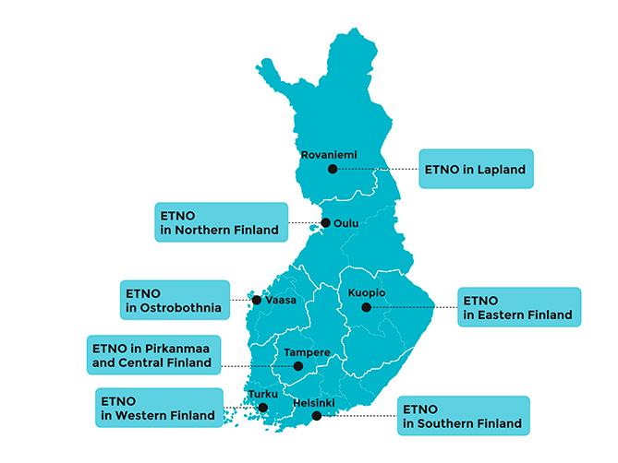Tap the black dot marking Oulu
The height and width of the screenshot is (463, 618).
point(325,222)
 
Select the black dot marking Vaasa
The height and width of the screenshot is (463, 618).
point(256,300)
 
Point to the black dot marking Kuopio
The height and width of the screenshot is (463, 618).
point(366,307)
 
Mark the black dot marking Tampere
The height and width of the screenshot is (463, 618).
point(297,366)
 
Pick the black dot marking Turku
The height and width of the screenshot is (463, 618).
point(263,407)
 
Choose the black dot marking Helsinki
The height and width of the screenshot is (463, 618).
point(317,416)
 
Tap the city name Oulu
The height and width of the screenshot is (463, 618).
point(347,222)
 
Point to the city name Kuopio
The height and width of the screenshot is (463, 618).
point(367,293)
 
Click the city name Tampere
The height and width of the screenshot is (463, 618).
point(307,352)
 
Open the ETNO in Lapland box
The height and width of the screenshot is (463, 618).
point(477,169)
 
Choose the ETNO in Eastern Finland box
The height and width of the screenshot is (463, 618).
point(519,307)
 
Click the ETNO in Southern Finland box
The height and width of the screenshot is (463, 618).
point(463,416)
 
